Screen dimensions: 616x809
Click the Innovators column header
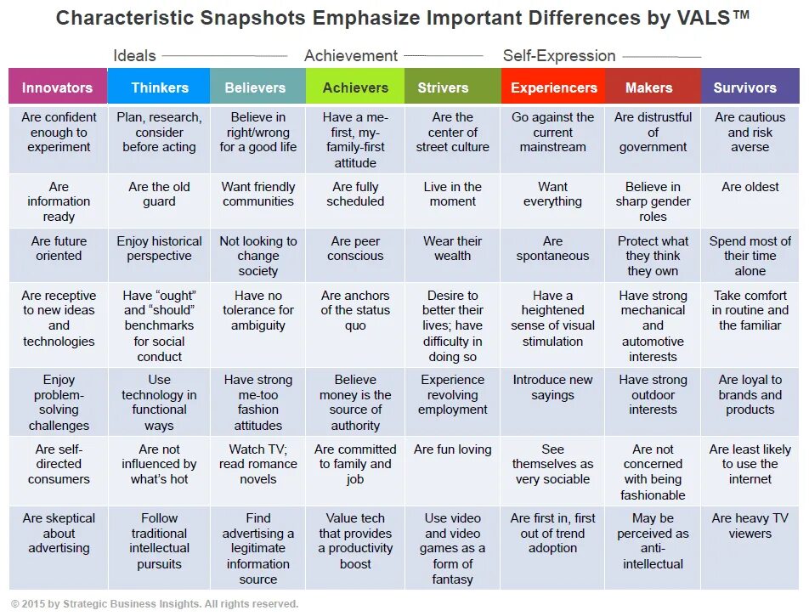coord(58,88)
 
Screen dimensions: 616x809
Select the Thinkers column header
coord(160,88)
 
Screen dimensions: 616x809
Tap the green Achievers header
coord(355,88)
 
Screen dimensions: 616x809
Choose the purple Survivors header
coord(745,88)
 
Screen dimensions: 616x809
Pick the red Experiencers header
coord(554,88)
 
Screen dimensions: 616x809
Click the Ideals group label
coord(134,56)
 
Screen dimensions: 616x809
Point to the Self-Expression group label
coord(559,56)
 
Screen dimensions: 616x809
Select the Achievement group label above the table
coord(351,56)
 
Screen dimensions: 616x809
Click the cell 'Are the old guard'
coord(160,195)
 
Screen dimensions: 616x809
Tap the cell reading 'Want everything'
coord(553,195)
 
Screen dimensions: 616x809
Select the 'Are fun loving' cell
coord(453,449)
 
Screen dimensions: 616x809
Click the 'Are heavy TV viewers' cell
coord(750,526)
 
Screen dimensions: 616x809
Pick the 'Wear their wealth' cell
coord(453,248)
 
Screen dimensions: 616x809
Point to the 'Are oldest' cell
coord(750,187)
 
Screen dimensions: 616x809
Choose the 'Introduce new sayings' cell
coord(553,387)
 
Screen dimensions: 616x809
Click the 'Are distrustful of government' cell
coord(653,133)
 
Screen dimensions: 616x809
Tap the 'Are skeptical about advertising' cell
coord(59,534)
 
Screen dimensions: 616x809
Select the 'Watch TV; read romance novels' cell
coord(258,464)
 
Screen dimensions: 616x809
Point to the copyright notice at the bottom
coord(155,604)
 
